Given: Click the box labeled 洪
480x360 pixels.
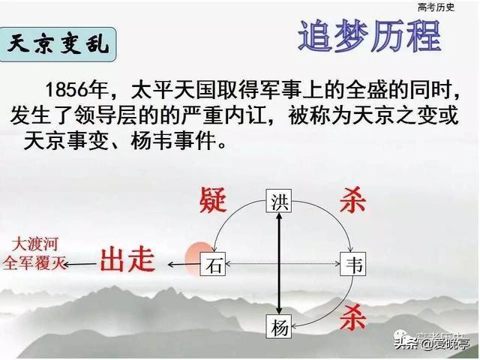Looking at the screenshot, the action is tap(278, 201).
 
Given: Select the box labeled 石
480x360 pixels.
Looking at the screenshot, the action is tap(213, 264).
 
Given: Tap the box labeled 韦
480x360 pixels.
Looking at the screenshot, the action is tap(353, 264).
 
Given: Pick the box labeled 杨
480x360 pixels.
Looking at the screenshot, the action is tap(278, 327).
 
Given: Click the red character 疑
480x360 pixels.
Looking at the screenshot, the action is tap(213, 200).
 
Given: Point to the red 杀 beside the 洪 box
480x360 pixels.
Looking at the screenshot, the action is tap(352, 200).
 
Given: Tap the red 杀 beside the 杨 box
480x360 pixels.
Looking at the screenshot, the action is tap(352, 317).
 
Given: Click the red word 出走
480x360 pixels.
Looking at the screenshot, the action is tap(127, 260).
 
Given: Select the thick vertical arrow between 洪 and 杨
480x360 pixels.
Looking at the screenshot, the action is tap(279, 264).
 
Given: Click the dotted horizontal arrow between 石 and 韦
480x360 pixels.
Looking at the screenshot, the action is tap(283, 264).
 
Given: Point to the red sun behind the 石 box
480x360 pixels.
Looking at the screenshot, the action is tap(198, 258).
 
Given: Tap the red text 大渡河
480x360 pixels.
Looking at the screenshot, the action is tap(35, 244).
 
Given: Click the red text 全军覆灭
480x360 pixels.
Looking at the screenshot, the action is tap(34, 262).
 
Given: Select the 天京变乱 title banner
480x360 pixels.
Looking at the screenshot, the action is tap(58, 45).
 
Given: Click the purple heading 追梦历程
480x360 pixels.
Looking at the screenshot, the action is tap(370, 37).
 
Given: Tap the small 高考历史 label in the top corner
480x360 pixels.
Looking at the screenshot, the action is tap(436, 7).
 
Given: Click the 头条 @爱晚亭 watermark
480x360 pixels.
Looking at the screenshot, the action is tap(432, 343).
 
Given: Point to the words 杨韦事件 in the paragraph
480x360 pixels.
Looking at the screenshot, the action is tap(173, 142).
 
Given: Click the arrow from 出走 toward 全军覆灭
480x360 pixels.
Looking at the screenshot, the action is tap(80, 264).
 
